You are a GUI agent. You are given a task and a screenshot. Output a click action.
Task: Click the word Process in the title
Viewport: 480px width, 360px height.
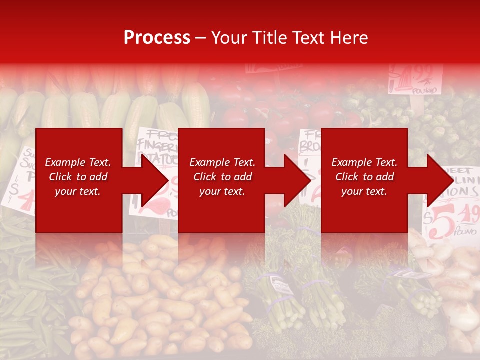157,38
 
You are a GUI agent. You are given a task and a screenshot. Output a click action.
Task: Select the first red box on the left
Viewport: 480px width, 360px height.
79,180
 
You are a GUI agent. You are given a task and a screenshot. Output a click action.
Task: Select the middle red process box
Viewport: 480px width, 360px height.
221,180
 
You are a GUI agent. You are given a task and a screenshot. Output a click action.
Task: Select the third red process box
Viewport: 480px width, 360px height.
364,180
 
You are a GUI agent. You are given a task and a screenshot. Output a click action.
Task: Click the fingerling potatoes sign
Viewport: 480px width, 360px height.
157,145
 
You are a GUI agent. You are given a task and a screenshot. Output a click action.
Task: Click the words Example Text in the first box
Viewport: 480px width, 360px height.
78,162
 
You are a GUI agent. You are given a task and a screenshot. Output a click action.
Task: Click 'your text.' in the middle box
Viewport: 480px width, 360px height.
222,191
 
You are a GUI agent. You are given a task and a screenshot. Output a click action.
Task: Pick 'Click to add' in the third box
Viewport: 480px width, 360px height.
364,177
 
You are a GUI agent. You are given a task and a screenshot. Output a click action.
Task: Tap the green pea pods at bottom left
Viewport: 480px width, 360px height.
30,300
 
